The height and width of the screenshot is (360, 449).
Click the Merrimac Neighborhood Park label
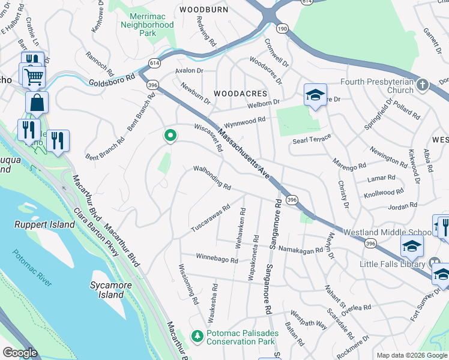(x=147, y=25)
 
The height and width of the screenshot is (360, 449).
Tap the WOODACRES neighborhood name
(x=240, y=94)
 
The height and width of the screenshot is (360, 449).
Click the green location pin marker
(x=170, y=136)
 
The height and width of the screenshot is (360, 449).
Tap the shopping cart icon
(x=34, y=76)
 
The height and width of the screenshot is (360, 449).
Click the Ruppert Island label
(x=45, y=225)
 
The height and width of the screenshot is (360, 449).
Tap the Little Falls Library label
(x=393, y=263)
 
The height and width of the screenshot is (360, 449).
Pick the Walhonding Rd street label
(x=212, y=178)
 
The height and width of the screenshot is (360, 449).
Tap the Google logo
(x=20, y=353)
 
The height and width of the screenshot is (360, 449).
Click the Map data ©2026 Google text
(x=411, y=355)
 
